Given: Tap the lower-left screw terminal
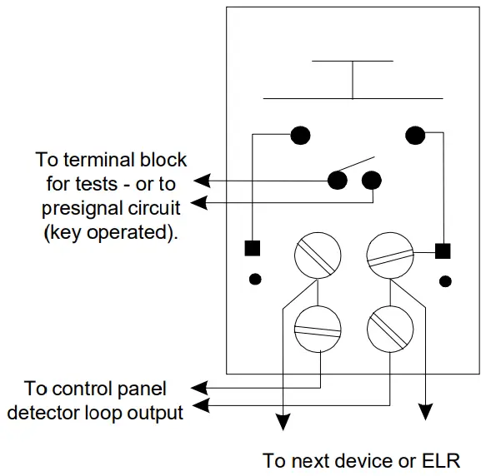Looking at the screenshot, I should pyautogui.click(x=318, y=328).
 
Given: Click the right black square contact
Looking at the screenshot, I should pyautogui.click(x=443, y=249).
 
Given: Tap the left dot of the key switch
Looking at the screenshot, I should pyautogui.click(x=338, y=179).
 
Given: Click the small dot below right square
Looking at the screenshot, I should pyautogui.click(x=445, y=279).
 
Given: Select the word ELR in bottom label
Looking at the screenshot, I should pyautogui.click(x=441, y=460).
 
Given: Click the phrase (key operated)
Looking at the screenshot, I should pyautogui.click(x=110, y=233).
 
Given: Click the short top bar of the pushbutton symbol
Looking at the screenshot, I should pyautogui.click(x=352, y=60).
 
